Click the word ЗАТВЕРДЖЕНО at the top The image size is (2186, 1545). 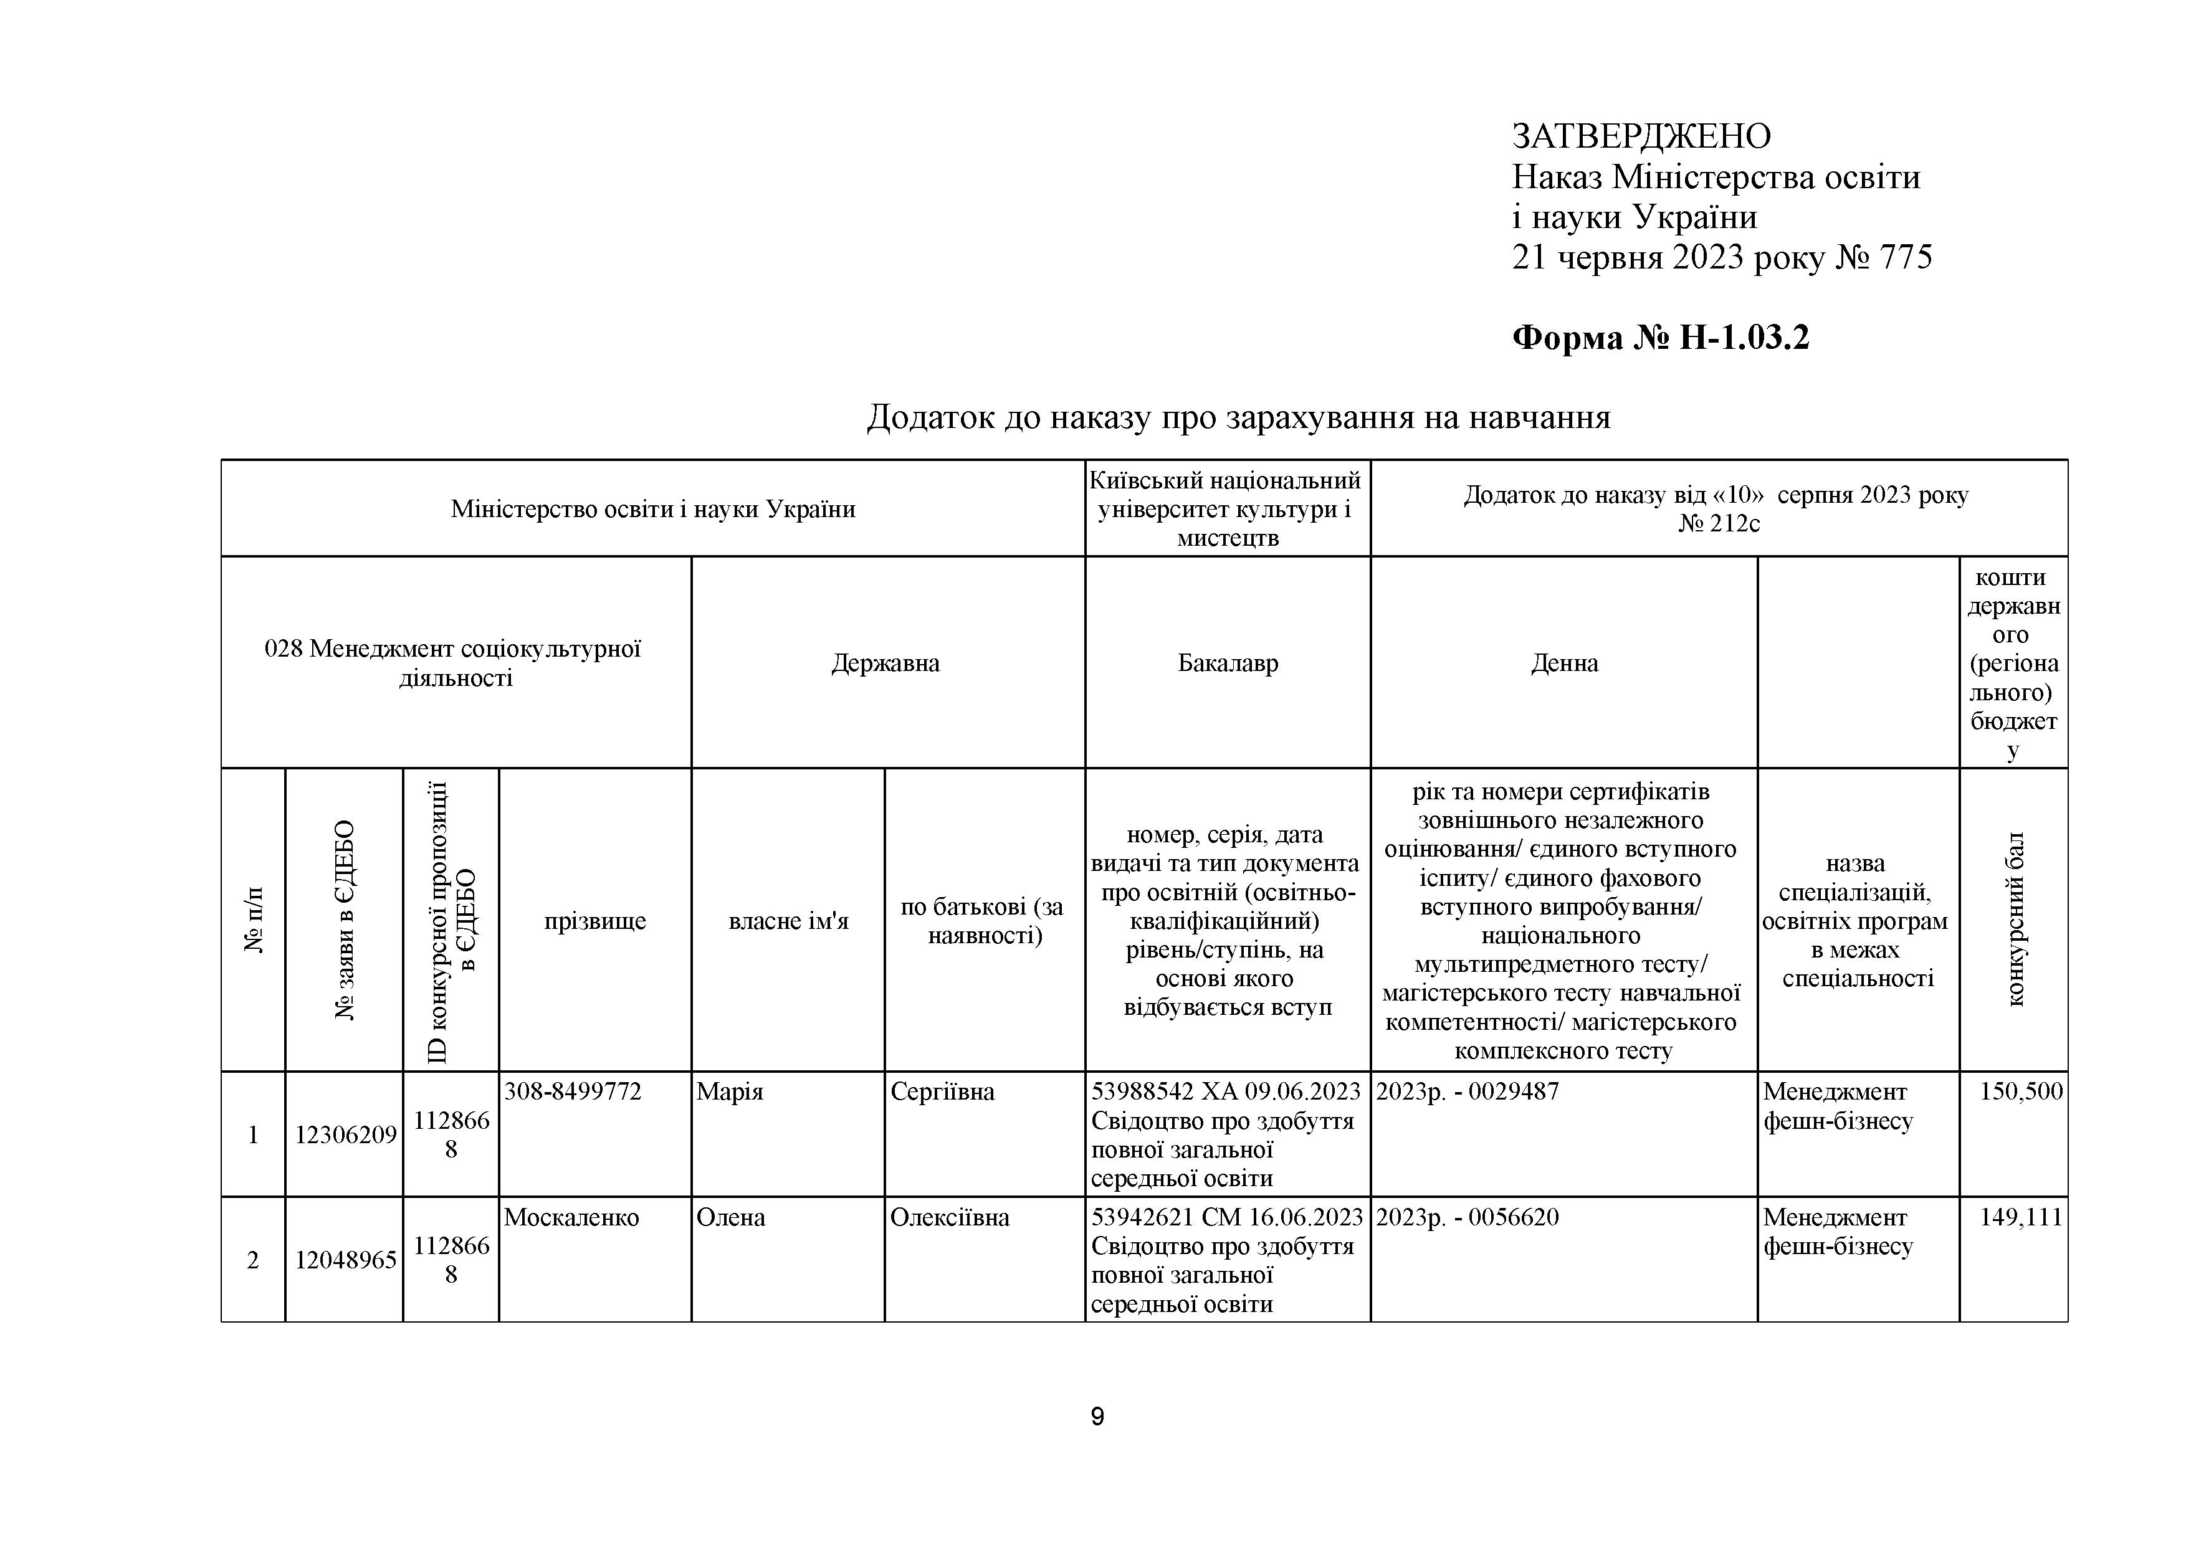coord(1641,137)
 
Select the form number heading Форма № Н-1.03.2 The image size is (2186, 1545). coord(1661,338)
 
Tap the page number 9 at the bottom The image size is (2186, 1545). coord(1097,1417)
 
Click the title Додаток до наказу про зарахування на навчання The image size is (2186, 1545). coord(1238,417)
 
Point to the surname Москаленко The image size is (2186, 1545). coord(571,1217)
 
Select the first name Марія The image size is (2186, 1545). coord(730,1092)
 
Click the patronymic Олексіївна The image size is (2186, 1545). coord(949,1217)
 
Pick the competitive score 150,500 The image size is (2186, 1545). coord(2020,1092)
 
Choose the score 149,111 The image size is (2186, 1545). coord(2020,1217)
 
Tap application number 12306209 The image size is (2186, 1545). coord(345,1134)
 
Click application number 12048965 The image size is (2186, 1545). coord(345,1260)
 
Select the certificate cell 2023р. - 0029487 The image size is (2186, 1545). coord(1467,1092)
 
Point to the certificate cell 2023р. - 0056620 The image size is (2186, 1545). coord(1467,1217)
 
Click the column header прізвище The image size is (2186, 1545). coord(595,921)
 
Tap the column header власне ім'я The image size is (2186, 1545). coord(788,921)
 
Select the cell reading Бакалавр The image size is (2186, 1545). coord(1227,663)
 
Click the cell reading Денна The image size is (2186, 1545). coord(1564,663)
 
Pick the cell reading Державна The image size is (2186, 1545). coord(885,663)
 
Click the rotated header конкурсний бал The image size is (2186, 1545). coord(2015,920)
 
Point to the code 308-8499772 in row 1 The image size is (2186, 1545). coord(572,1092)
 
